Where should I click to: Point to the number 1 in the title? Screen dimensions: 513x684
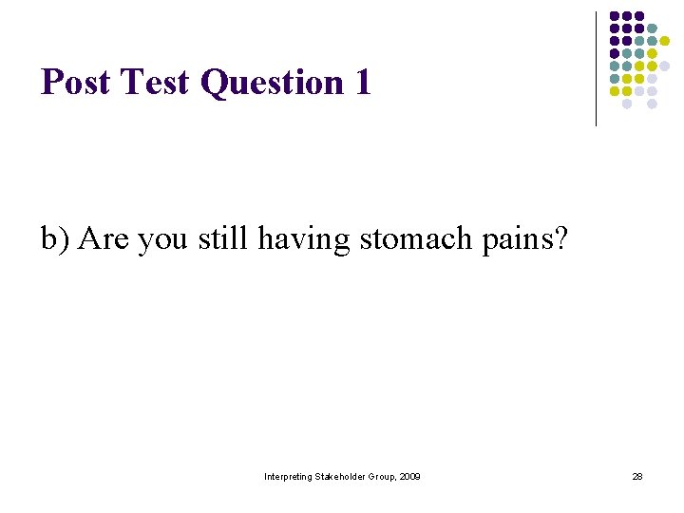pyautogui.click(x=362, y=83)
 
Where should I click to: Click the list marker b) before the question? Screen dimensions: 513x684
pyautogui.click(x=56, y=238)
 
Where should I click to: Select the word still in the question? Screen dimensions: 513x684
pyautogui.click(x=223, y=238)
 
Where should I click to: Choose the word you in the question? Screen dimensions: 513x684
pyautogui.click(x=163, y=240)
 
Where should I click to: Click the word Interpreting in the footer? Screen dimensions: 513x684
pyautogui.click(x=289, y=476)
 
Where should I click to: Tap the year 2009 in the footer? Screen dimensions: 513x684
pyautogui.click(x=409, y=476)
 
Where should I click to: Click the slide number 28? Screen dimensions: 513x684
pyautogui.click(x=637, y=476)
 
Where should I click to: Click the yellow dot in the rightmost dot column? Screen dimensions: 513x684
pyautogui.click(x=665, y=41)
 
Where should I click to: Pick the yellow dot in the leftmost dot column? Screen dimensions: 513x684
pyautogui.click(x=614, y=91)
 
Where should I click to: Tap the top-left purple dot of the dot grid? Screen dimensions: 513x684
pyautogui.click(x=614, y=16)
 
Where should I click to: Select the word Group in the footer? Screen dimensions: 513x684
pyautogui.click(x=383, y=476)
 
